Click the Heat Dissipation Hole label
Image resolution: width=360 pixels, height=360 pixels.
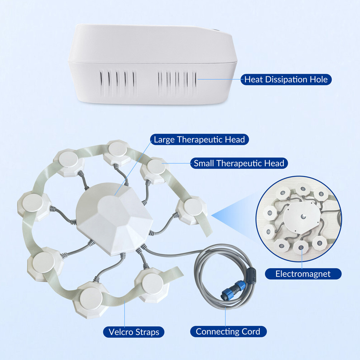point(286,80)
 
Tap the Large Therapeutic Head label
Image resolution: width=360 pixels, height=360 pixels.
point(200,139)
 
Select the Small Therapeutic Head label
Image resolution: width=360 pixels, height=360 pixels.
point(239,164)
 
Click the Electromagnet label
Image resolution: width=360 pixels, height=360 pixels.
point(303,274)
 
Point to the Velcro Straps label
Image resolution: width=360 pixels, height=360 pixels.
point(134,332)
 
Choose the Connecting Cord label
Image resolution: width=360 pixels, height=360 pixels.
point(228,331)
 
